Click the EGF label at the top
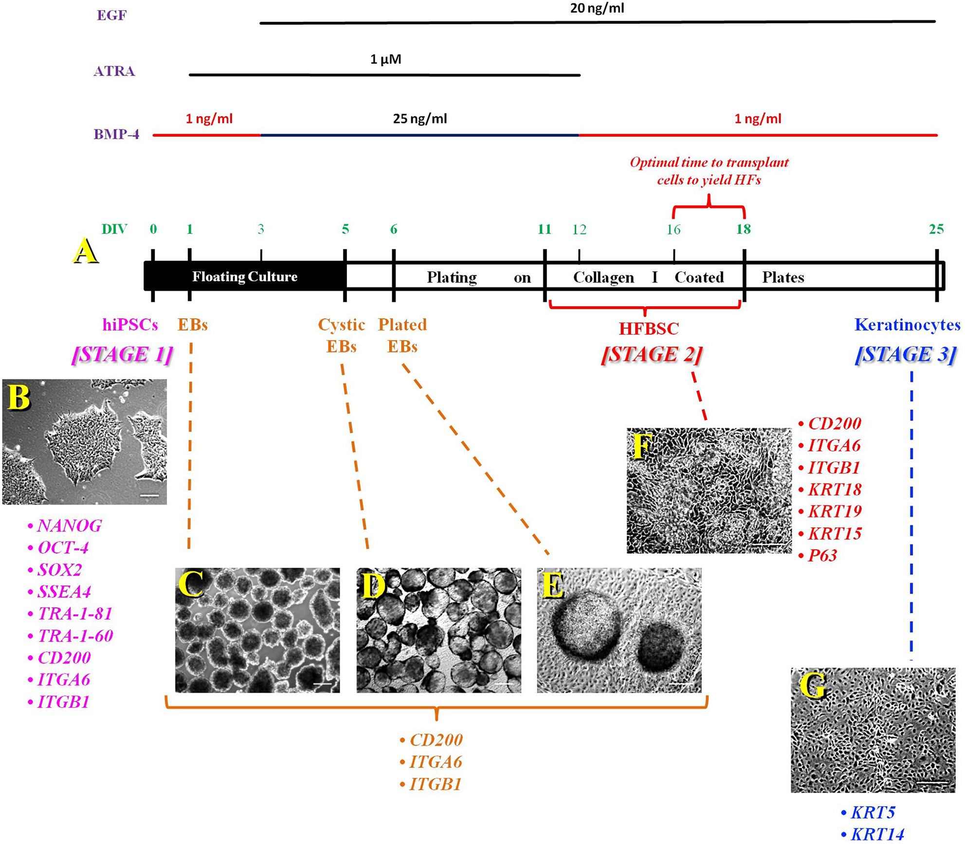[111, 16]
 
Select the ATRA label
[114, 71]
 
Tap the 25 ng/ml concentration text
[420, 119]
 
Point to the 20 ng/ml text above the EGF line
[597, 8]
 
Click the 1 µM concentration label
[385, 59]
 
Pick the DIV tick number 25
[936, 229]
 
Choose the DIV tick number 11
[544, 229]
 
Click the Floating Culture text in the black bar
[245, 277]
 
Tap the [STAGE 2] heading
[652, 354]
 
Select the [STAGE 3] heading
[906, 354]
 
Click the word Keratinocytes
[908, 325]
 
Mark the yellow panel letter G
[813, 686]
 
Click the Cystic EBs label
[341, 335]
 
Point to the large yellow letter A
[85, 251]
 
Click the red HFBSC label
[649, 329]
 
